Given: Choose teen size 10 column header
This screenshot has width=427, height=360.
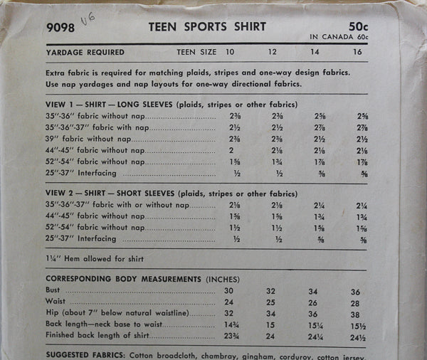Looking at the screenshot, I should [x=230, y=52].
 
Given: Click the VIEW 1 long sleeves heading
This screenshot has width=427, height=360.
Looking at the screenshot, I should [x=171, y=104].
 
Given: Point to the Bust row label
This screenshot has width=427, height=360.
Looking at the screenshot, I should [x=54, y=290].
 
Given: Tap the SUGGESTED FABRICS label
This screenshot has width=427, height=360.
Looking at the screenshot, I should [x=85, y=353].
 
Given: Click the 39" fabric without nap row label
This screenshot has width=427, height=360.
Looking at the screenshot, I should [x=95, y=139].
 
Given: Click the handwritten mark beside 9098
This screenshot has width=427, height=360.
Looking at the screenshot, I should [x=89, y=22].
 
